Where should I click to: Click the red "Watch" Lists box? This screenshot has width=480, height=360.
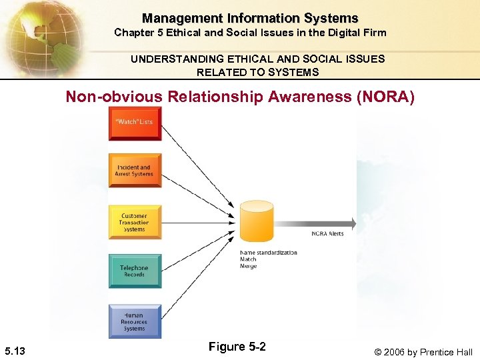click(x=135, y=124)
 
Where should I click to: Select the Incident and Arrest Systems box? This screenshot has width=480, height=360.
click(x=135, y=171)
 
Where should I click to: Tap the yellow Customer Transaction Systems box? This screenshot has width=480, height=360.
click(x=135, y=223)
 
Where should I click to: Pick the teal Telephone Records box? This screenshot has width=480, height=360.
click(x=135, y=271)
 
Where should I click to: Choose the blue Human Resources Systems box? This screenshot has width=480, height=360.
click(x=135, y=321)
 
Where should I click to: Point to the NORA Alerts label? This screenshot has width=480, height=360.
click(x=327, y=234)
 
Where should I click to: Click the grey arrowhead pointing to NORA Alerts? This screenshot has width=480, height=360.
click(x=351, y=223)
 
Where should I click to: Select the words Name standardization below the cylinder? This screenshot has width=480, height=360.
click(x=268, y=253)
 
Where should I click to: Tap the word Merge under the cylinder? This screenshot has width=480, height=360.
click(x=248, y=267)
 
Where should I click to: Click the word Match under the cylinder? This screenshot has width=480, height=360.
click(x=248, y=260)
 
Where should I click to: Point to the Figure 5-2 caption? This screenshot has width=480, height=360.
click(x=237, y=347)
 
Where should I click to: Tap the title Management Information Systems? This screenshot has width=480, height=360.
click(x=250, y=18)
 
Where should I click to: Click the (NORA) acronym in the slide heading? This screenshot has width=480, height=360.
click(x=386, y=97)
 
